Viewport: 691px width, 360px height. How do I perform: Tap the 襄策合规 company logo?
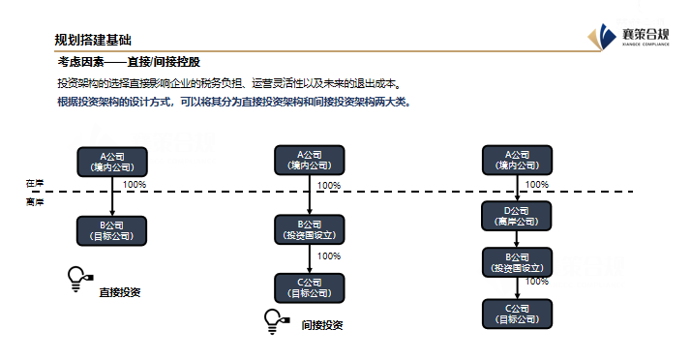635,36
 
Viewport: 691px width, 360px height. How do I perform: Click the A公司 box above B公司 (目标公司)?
112,161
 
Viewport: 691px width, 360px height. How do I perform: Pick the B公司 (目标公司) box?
112,230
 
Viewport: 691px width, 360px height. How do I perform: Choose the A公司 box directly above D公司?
517,161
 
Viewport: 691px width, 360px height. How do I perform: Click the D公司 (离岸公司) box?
517,215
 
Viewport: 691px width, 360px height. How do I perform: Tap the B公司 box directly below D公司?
517,261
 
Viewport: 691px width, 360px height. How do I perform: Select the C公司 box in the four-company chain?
517,313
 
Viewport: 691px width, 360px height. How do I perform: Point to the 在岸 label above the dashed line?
35,183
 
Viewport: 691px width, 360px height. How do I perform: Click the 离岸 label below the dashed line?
35,202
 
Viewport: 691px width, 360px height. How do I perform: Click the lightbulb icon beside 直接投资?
77,279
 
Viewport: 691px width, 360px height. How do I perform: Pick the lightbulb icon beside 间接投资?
274,320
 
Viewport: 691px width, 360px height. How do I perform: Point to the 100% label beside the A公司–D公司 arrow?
536,184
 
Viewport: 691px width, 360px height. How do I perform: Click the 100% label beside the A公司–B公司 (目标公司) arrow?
134,184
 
